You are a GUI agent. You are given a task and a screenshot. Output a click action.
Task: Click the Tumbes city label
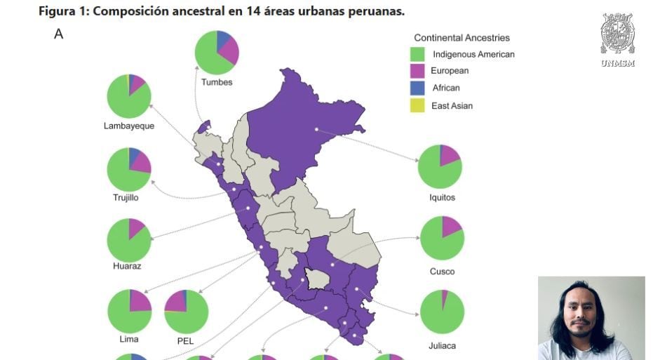(217, 82)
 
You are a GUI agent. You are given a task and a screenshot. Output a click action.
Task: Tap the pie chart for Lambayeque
(129, 96)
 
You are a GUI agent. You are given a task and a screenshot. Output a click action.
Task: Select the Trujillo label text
(126, 197)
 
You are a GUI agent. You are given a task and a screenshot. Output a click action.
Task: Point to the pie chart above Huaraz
(129, 240)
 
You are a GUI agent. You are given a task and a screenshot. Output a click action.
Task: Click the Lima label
(129, 339)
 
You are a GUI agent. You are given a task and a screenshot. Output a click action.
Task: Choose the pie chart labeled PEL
(186, 312)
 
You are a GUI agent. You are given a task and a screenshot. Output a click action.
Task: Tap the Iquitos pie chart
(440, 166)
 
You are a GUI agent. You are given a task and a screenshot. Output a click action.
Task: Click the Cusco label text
(442, 271)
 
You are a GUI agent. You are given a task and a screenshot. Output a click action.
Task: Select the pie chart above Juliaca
(442, 312)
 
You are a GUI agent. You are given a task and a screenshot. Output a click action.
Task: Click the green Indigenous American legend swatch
(418, 54)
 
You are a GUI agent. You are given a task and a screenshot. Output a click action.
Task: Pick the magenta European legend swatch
(418, 71)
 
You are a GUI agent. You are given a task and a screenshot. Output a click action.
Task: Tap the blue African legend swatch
(418, 88)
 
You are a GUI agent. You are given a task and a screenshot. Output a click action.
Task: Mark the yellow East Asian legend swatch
(418, 105)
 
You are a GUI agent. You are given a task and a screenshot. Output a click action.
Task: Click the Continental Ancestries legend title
(462, 38)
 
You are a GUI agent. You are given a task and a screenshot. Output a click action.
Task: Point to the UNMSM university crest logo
(617, 35)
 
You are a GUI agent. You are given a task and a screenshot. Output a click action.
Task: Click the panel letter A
(58, 34)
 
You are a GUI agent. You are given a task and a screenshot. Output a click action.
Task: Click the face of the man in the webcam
(580, 316)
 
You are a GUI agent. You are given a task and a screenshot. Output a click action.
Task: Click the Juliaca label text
(442, 345)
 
